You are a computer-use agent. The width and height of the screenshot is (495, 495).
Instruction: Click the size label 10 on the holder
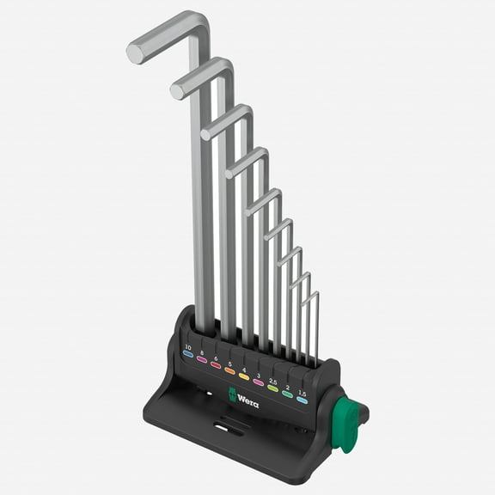(x=187, y=345)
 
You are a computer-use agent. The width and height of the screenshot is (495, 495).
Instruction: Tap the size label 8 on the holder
(x=202, y=351)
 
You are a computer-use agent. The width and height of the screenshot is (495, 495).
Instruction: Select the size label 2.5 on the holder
(x=272, y=378)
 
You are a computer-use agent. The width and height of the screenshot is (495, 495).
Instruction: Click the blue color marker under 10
(x=187, y=353)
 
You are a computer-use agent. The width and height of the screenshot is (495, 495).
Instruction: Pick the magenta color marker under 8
(x=202, y=359)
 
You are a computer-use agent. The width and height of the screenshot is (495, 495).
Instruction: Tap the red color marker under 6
(x=216, y=365)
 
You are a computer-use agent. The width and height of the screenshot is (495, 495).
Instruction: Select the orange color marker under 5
(x=229, y=371)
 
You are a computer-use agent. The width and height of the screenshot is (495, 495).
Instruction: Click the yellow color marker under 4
(x=244, y=376)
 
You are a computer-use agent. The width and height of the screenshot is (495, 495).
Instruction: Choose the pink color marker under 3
(x=258, y=382)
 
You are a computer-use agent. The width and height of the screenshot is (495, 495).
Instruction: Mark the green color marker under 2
(x=287, y=394)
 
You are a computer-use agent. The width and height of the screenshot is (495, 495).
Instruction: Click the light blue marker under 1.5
(x=302, y=400)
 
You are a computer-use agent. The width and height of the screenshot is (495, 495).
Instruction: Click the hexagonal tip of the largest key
(x=135, y=52)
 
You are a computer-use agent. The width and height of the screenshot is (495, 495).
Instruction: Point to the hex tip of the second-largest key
(x=178, y=89)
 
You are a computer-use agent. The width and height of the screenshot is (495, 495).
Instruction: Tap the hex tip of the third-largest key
(x=207, y=131)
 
